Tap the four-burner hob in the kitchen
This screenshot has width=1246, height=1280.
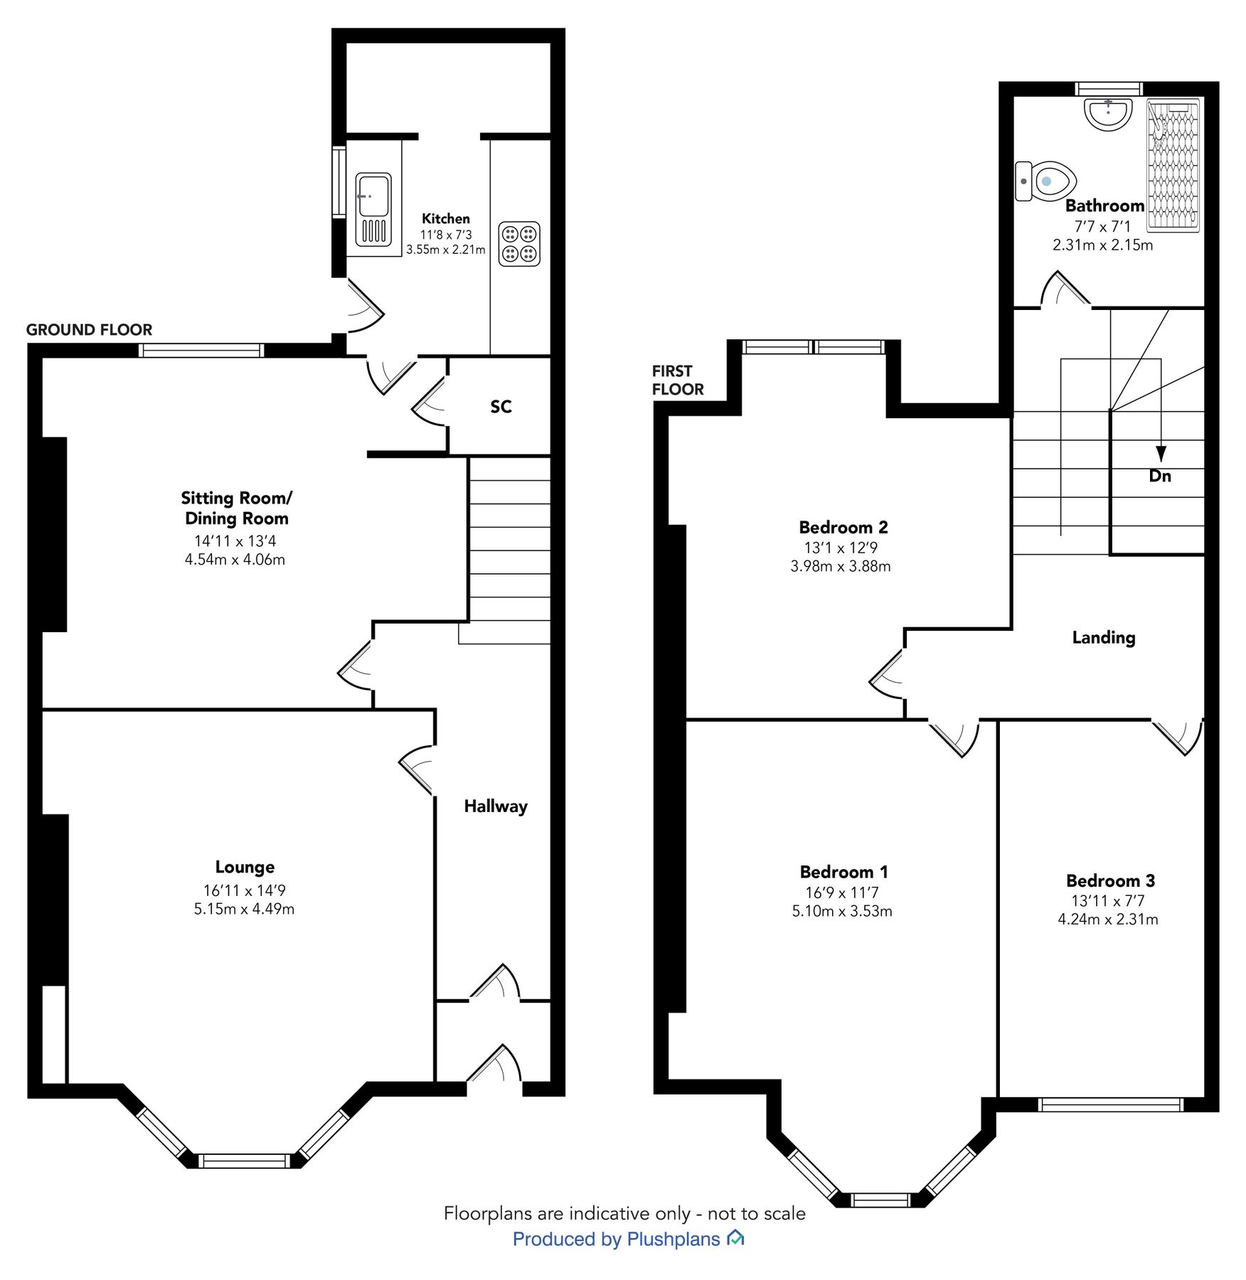[519, 244]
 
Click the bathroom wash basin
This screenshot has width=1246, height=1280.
[1108, 114]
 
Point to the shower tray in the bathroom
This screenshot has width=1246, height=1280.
[1174, 164]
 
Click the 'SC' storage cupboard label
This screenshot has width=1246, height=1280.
[501, 406]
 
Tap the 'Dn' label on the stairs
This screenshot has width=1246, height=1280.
[1159, 476]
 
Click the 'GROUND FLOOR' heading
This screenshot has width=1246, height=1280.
[89, 329]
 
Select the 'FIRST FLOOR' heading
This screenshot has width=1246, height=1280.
[677, 380]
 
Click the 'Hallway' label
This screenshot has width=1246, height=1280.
[495, 806]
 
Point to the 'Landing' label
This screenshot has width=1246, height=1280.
[1103, 637]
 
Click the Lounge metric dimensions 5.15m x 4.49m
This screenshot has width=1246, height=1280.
[244, 909]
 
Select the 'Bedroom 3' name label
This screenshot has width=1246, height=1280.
[1109, 880]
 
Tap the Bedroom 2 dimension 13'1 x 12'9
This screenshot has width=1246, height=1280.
[841, 548]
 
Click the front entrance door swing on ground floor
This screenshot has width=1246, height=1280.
[499, 1066]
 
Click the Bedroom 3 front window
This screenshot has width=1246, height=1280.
[1110, 1104]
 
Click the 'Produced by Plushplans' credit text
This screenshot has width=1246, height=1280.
[616, 1239]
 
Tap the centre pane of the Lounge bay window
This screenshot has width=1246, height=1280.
[244, 1161]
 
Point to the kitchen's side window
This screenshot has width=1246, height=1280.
[339, 181]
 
